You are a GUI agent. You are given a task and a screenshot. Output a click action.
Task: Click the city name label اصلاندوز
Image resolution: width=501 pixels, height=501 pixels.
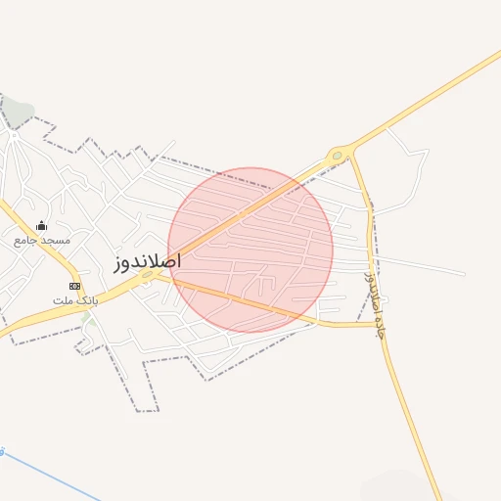pyautogui.click(x=148, y=263)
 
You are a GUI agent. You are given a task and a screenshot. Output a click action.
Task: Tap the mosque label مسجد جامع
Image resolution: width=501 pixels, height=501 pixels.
pyautogui.click(x=42, y=240)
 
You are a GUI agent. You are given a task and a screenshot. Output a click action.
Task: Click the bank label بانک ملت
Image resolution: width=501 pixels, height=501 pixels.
pyautogui.click(x=75, y=298)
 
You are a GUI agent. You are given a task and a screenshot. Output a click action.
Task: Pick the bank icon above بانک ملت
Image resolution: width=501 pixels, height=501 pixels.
pyautogui.click(x=75, y=285)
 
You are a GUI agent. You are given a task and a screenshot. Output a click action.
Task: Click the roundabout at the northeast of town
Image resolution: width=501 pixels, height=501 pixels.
pyautogui.click(x=339, y=155)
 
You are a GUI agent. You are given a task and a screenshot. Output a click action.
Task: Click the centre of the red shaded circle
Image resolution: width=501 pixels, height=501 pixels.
pyautogui.click(x=250, y=250)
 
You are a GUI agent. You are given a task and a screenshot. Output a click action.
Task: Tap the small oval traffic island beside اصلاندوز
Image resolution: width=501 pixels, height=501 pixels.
pyautogui.click(x=148, y=276)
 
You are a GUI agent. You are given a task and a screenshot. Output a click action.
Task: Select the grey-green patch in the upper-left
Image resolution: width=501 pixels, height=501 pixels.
pyautogui.click(x=20, y=113)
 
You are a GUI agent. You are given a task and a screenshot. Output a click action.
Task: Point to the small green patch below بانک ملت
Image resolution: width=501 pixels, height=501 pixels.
pyautogui.click(x=89, y=318)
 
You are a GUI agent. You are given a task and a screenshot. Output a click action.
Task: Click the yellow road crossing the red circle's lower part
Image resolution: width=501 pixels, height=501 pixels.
pyautogui.click(x=254, y=306)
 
